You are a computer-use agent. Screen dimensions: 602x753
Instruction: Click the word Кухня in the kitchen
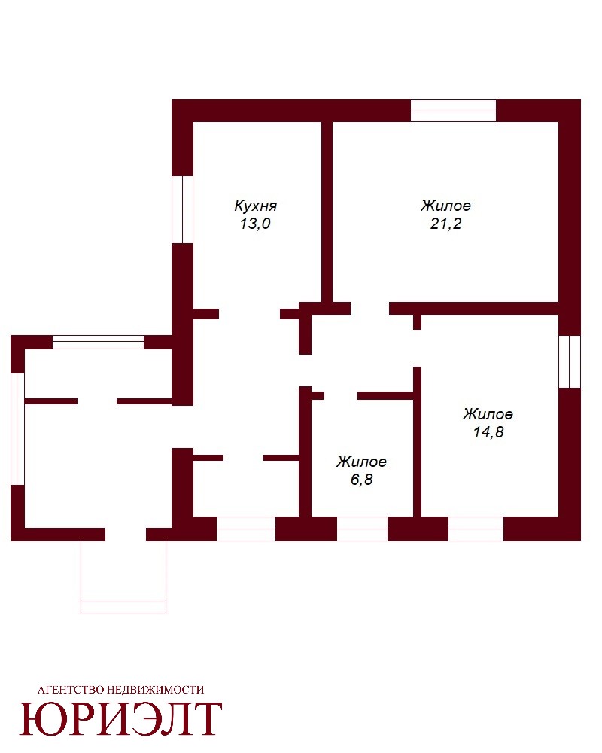[255, 206]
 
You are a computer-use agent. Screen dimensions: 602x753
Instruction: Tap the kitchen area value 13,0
[255, 224]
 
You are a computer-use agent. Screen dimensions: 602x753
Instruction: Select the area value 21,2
[445, 224]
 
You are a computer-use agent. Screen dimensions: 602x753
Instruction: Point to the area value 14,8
[488, 432]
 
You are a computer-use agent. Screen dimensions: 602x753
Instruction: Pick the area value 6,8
[361, 480]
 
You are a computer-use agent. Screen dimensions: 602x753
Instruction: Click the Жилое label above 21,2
[445, 206]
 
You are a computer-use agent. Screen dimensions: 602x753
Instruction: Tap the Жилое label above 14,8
[488, 414]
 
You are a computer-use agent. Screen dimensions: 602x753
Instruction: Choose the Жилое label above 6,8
[361, 462]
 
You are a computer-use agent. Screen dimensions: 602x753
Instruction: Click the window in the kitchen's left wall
[182, 209]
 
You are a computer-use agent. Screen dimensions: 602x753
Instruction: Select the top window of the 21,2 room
[453, 111]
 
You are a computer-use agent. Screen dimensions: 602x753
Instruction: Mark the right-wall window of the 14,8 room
[570, 361]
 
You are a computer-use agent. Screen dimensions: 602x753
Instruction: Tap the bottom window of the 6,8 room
[362, 529]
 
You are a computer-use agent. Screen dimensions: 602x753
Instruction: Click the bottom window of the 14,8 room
[476, 529]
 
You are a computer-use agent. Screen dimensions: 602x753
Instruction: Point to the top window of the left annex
[98, 343]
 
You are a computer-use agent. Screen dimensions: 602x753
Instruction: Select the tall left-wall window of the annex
[18, 429]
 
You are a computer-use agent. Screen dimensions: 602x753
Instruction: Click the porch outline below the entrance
[123, 608]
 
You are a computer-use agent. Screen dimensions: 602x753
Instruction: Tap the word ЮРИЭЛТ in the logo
[120, 719]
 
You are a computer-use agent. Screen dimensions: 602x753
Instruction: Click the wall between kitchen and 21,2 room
[327, 212]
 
